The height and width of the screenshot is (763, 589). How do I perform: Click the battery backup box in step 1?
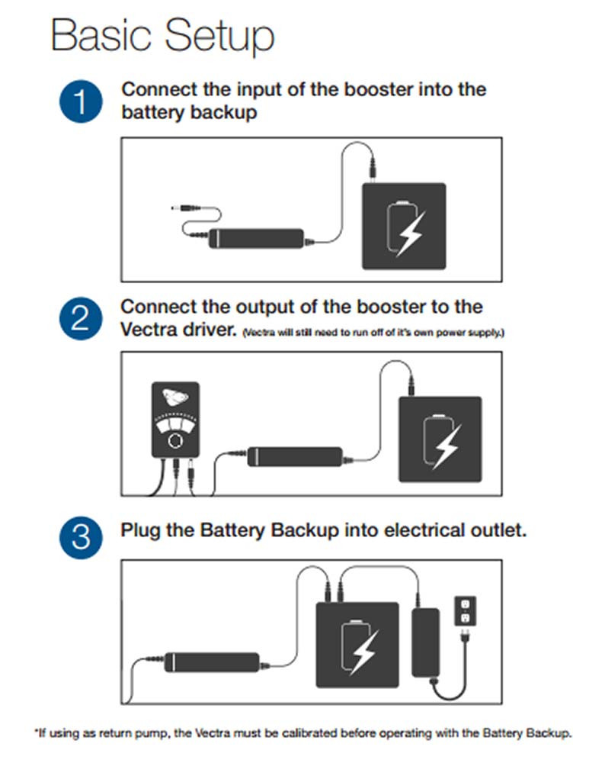(x=404, y=226)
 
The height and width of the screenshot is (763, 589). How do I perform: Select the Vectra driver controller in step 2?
(x=175, y=423)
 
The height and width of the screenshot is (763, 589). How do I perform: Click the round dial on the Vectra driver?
(x=175, y=441)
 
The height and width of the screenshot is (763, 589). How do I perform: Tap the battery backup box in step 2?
(x=440, y=439)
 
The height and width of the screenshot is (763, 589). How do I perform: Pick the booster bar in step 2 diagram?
(x=294, y=457)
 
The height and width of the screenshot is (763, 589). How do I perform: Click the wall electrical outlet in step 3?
(x=463, y=610)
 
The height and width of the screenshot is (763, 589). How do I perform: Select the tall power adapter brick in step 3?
(x=425, y=642)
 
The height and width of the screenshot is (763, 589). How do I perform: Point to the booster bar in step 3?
(x=213, y=659)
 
